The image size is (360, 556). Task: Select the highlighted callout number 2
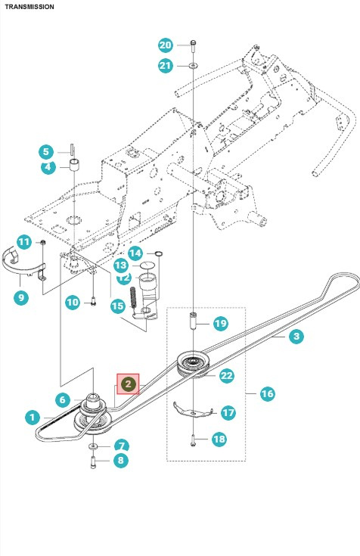(128, 385)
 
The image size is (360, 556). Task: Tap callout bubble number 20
(166, 45)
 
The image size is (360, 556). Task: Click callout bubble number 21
(166, 66)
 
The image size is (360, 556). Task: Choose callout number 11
(23, 242)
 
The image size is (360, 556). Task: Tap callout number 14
(135, 253)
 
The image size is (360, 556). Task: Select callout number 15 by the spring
(117, 306)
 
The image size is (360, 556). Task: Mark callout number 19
(219, 324)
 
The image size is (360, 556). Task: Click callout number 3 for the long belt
(296, 336)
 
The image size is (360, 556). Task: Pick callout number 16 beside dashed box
(267, 393)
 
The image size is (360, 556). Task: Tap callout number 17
(228, 413)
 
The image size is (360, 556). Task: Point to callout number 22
(226, 375)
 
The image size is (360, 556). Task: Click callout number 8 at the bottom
(120, 460)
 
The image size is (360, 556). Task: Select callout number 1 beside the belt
(31, 416)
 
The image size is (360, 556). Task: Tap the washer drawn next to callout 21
(194, 67)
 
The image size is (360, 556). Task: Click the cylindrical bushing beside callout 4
(76, 166)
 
